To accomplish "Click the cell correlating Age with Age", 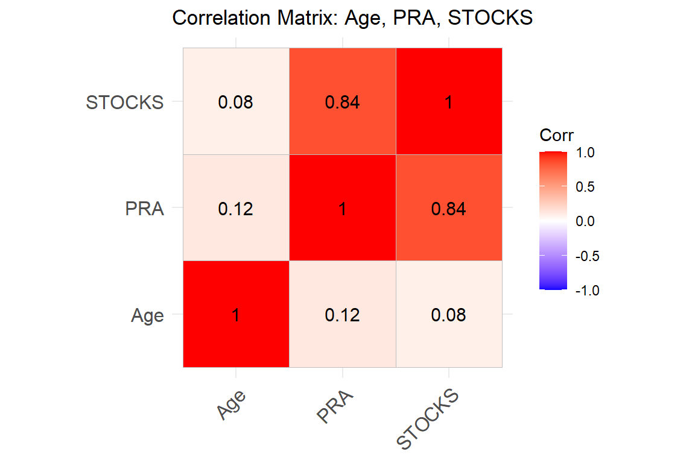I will (236, 314).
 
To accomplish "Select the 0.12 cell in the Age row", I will (342, 314).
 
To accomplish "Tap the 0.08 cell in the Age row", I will (448, 314).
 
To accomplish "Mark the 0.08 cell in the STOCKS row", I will (236, 102).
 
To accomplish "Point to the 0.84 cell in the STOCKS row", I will (342, 102).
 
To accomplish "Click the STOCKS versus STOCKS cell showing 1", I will (448, 102).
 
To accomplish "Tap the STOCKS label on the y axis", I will (125, 102).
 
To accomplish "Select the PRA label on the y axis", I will (144, 209).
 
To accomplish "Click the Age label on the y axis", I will (147, 315).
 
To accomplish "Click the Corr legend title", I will (556, 135).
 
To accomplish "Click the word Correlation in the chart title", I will (224, 18).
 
